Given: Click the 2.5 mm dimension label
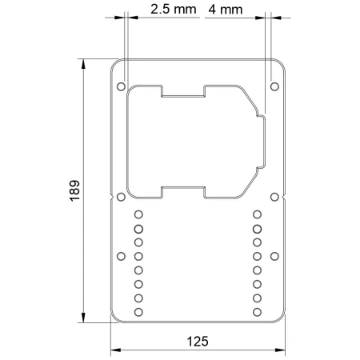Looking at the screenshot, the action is click(x=174, y=10).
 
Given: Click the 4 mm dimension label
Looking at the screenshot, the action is click(x=226, y=10).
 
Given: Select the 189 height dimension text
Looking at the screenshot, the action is click(x=74, y=190).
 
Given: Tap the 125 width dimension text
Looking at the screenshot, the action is click(x=198, y=342).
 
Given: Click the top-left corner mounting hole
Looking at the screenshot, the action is click(x=121, y=86).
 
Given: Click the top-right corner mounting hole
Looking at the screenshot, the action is click(x=274, y=86).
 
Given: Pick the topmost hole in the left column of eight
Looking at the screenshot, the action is click(x=138, y=214).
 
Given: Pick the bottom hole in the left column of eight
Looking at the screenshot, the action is click(x=138, y=312).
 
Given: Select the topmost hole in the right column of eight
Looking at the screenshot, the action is click(x=257, y=214).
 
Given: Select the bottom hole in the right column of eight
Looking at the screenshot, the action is click(x=257, y=312).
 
